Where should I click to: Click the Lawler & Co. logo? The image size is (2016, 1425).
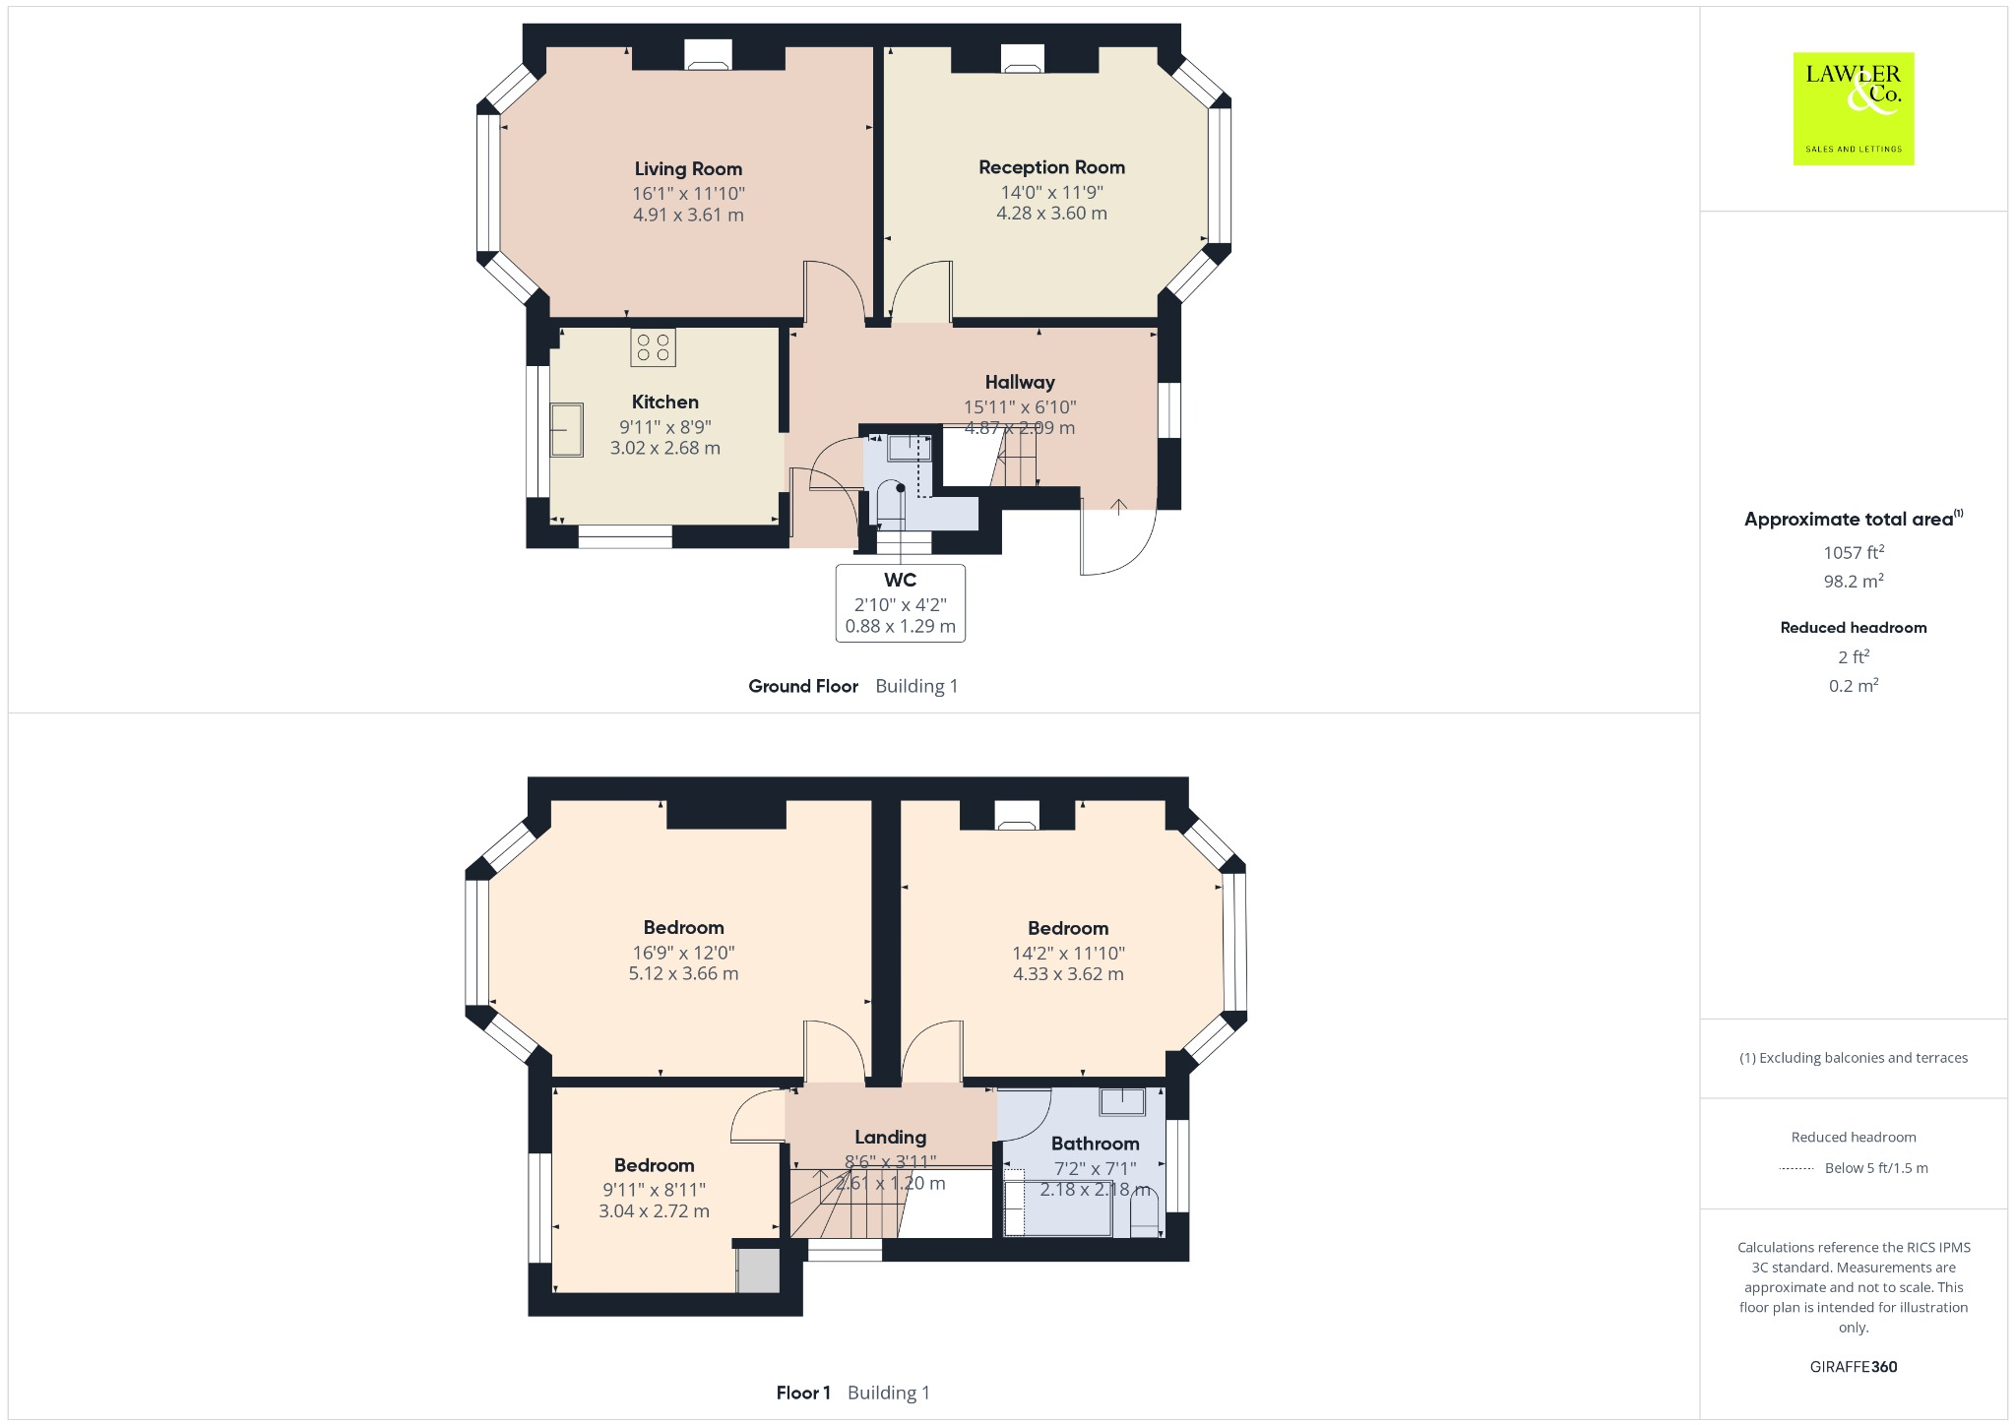(x=1853, y=108)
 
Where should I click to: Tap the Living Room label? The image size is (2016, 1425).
(x=688, y=169)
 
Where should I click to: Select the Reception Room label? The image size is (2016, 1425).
(x=1051, y=167)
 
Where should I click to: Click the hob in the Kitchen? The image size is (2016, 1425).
(x=653, y=347)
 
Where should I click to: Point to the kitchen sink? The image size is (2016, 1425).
(x=566, y=430)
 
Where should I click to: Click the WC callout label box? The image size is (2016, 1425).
(x=900, y=602)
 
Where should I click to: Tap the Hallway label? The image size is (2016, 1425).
(x=1020, y=382)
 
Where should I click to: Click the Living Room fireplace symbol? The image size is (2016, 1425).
(x=709, y=56)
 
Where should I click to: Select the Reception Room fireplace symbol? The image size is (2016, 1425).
(x=1022, y=60)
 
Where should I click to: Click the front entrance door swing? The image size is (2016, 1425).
(x=1117, y=540)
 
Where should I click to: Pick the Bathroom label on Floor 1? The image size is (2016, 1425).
(x=1095, y=1144)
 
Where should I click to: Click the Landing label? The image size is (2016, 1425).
(x=890, y=1138)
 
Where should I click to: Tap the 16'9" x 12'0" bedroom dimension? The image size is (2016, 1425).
(x=683, y=953)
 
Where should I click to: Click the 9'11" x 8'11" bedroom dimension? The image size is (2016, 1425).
(x=654, y=1190)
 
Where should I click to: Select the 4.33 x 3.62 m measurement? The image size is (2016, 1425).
(x=1068, y=974)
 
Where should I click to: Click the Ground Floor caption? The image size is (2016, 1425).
(x=803, y=687)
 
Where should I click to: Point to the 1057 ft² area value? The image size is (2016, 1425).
(x=1853, y=553)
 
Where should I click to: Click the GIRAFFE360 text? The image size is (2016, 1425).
(x=1853, y=1367)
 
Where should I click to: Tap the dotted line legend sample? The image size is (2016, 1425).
(x=1796, y=1169)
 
